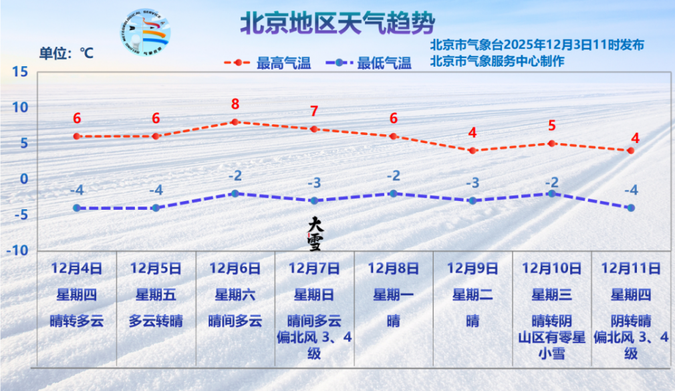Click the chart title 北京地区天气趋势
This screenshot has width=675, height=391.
click(337, 23)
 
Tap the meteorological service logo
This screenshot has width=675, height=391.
click(146, 32)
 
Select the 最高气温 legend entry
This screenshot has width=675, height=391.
click(268, 63)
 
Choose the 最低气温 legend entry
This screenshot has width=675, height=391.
click(370, 63)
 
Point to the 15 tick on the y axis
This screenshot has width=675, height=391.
click(20, 72)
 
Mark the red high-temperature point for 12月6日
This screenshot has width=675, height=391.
click(235, 122)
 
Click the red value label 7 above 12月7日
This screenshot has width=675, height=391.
click(314, 112)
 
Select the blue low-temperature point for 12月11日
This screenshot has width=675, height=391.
click(630, 208)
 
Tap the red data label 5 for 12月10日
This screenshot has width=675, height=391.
click(551, 126)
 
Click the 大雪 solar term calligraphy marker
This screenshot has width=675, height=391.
click(314, 233)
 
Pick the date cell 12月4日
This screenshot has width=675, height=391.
click(77, 269)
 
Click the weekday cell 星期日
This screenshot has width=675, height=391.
click(314, 294)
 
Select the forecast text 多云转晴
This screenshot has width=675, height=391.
click(156, 320)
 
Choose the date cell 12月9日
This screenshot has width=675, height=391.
click(472, 269)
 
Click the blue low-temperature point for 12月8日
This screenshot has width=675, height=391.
click(393, 193)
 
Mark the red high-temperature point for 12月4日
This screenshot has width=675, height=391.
click(77, 136)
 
